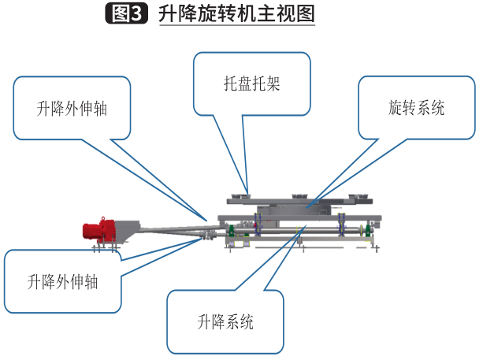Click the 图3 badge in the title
125,14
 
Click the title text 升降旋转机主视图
236,14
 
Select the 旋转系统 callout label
417,108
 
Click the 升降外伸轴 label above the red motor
72,109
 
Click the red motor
99,231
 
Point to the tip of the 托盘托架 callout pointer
247,191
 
